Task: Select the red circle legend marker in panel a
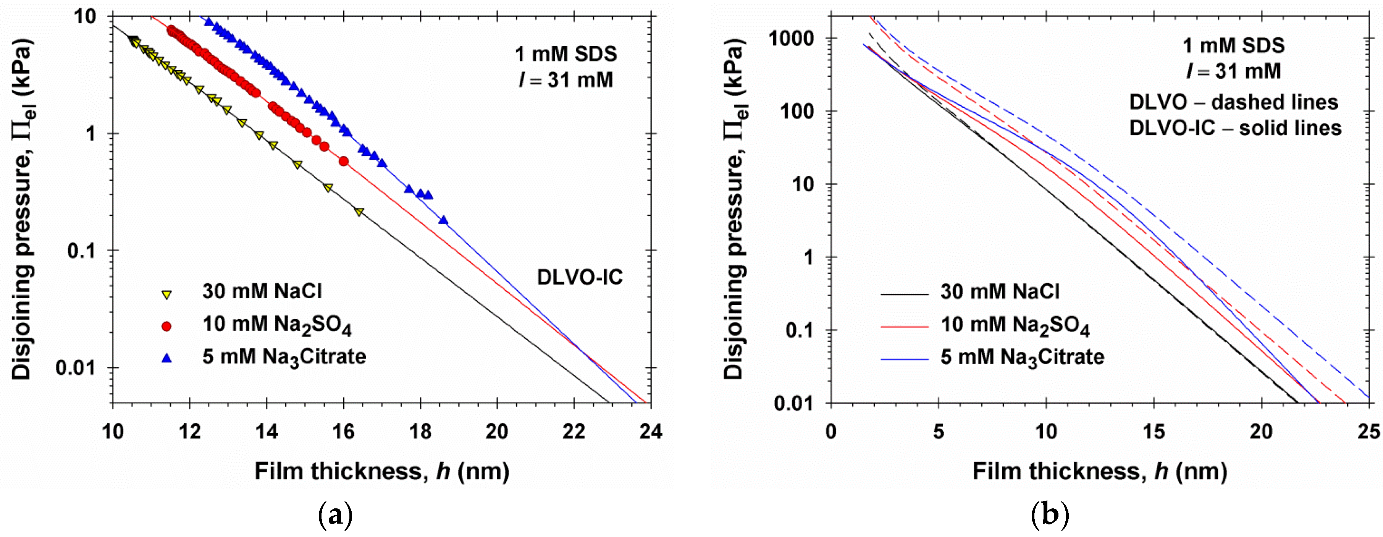click(167, 326)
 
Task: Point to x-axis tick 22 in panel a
click(574, 431)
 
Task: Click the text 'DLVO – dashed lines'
click(1234, 102)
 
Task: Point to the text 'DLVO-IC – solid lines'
click(1235, 128)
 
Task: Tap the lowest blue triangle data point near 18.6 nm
click(443, 220)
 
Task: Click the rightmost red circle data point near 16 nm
click(344, 161)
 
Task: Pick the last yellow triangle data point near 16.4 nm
click(359, 212)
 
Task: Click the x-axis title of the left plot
click(382, 471)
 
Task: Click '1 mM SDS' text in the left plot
click(566, 54)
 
